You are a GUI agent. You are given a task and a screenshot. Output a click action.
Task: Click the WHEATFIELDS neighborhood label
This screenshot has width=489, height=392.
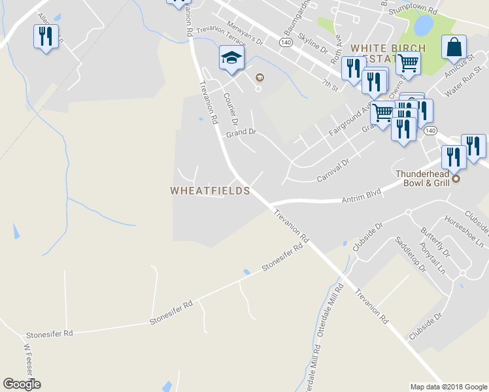[210, 191]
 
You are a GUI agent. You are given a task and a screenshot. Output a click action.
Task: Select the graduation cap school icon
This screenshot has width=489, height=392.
[231, 58]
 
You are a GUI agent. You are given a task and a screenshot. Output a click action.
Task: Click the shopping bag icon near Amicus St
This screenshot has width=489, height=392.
[454, 48]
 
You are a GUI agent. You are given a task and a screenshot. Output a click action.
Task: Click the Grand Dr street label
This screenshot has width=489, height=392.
[241, 133]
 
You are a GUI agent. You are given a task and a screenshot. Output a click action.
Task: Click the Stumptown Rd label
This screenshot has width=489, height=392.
[412, 10]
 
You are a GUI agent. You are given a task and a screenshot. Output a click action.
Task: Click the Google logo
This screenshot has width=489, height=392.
[22, 384]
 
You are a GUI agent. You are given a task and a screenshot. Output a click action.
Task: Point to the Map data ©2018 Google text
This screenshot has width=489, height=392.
[448, 387]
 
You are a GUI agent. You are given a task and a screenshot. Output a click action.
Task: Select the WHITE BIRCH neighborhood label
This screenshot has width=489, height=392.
[388, 48]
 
